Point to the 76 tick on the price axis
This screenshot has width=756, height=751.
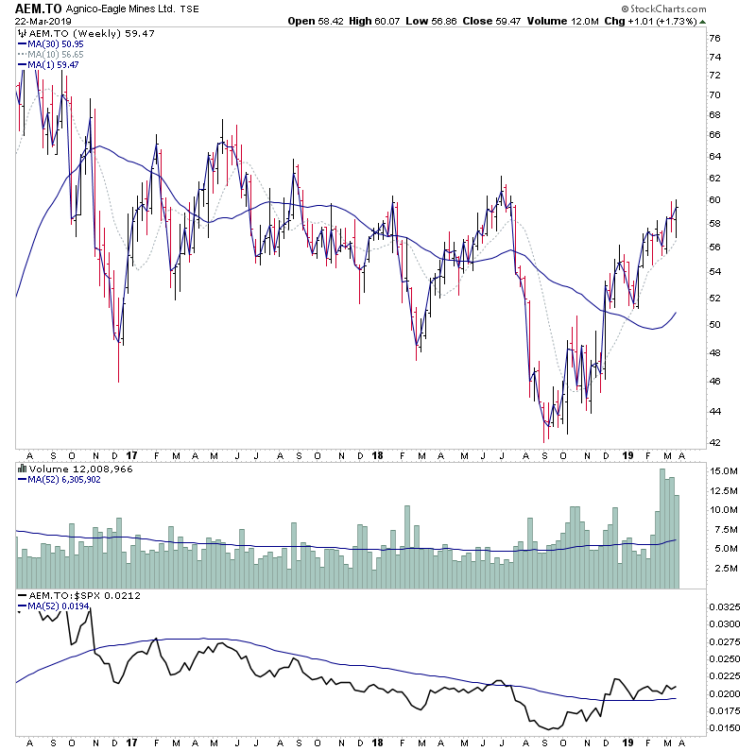coord(715,39)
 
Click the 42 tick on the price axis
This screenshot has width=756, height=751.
coord(715,442)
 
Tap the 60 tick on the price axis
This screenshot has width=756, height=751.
coord(715,200)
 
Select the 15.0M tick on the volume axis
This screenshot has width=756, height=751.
coord(724,470)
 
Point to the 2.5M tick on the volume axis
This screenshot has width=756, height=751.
coord(724,569)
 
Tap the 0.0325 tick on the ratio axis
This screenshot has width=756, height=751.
coord(727,606)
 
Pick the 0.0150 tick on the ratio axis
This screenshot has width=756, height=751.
coord(727,728)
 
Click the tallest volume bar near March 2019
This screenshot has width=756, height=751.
coord(663,529)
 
